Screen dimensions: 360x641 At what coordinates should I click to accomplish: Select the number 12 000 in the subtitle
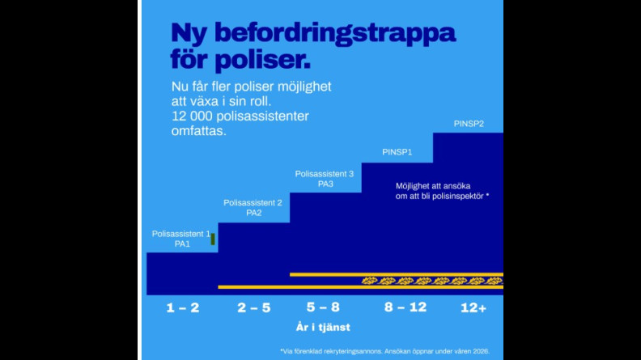click(x=195, y=116)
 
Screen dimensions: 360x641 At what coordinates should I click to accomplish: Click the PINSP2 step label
click(x=469, y=124)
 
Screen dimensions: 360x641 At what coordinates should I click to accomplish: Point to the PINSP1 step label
click(x=397, y=152)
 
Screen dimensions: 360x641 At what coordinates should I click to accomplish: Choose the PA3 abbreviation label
click(x=325, y=184)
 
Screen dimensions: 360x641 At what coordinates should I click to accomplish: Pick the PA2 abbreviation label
click(x=253, y=213)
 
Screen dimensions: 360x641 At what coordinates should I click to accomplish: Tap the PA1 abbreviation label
click(x=182, y=243)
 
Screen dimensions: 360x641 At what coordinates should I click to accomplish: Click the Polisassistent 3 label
click(x=325, y=174)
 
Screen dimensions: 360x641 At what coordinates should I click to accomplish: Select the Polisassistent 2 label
click(x=253, y=202)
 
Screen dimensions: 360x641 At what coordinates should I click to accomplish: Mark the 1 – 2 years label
click(x=182, y=308)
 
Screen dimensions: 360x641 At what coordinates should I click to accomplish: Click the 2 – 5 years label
click(x=253, y=308)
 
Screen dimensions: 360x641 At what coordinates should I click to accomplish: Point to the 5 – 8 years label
click(x=323, y=308)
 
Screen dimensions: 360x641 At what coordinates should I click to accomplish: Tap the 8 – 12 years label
click(x=405, y=308)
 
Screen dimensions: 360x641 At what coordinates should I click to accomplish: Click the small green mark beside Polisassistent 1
click(x=213, y=239)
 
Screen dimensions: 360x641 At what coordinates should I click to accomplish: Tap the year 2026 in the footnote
click(x=479, y=350)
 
